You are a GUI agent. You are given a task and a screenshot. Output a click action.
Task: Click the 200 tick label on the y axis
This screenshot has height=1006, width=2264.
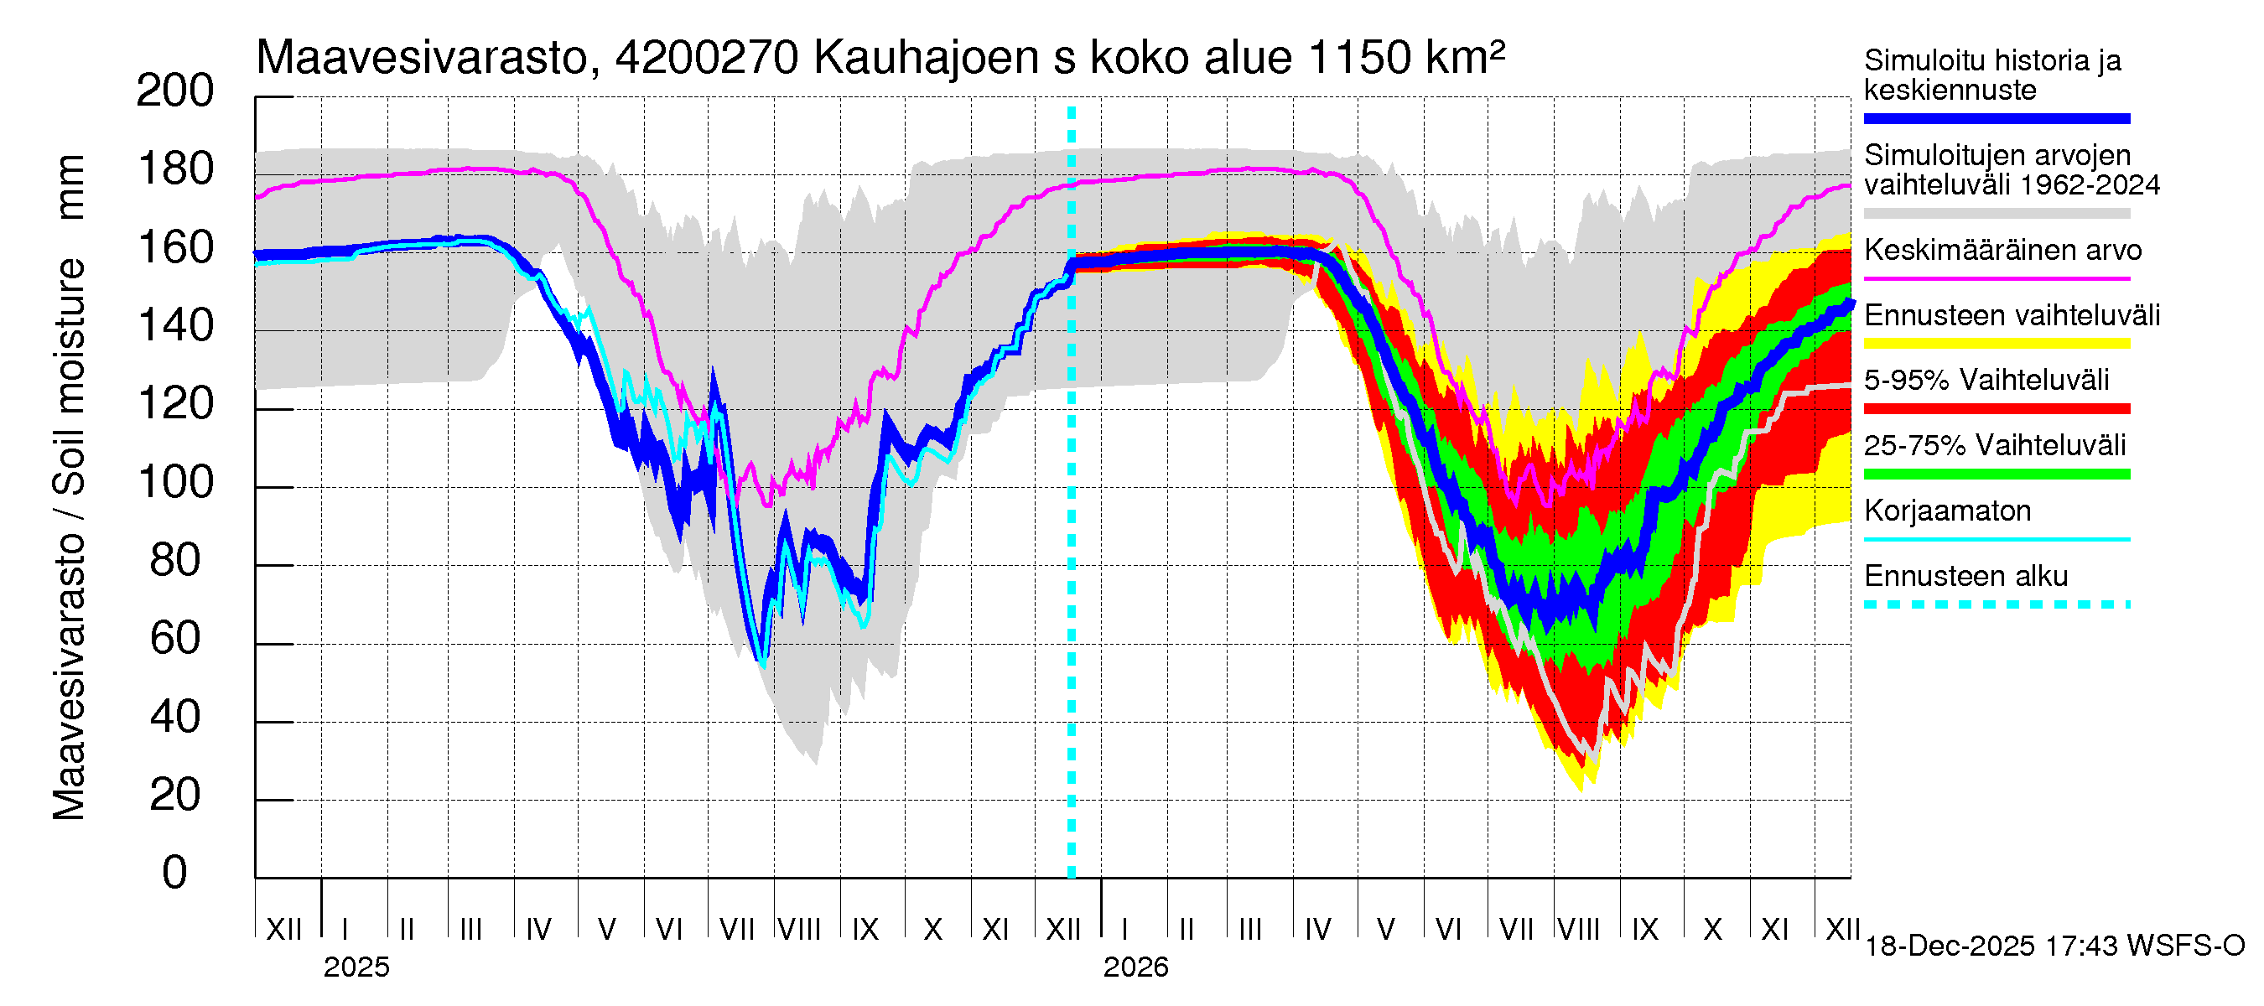point(175,91)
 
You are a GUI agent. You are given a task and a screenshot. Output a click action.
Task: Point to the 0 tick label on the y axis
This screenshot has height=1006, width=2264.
point(175,873)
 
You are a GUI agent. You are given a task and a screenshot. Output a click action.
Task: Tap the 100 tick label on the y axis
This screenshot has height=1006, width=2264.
point(175,482)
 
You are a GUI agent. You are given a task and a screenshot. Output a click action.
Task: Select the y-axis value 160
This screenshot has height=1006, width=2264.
point(175,248)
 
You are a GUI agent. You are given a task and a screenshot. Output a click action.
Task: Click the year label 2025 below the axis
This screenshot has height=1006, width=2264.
point(356,967)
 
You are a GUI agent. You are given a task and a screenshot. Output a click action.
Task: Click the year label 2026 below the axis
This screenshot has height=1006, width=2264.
point(1135,967)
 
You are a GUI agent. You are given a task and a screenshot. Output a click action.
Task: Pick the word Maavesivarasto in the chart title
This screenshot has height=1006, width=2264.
point(422,58)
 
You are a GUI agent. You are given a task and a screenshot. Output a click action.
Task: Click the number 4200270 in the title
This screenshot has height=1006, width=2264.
point(707,58)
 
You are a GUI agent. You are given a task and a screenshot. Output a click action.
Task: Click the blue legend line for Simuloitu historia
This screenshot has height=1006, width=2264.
point(1996,118)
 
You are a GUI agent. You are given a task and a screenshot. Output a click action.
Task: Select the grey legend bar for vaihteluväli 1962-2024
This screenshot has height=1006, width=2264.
point(1996,214)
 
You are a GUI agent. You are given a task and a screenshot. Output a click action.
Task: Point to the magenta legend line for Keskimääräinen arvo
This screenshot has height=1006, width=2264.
point(1996,278)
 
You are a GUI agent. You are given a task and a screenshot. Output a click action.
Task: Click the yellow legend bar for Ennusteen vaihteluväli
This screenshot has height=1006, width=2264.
point(1996,344)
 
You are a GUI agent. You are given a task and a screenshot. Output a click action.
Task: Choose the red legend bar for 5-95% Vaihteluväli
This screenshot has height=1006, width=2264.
point(1996,408)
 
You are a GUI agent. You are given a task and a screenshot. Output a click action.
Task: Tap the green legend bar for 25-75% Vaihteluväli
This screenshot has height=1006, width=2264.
point(1996,474)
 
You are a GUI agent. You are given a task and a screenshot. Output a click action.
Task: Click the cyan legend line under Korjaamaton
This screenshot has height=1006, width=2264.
point(1996,539)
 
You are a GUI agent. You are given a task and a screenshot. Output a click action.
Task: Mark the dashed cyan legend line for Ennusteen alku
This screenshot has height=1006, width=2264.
point(1996,604)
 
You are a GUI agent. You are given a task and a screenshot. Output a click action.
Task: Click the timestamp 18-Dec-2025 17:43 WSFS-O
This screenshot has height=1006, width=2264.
point(2054,946)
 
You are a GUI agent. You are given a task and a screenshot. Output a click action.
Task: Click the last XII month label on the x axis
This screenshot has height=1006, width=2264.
point(1842,930)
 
